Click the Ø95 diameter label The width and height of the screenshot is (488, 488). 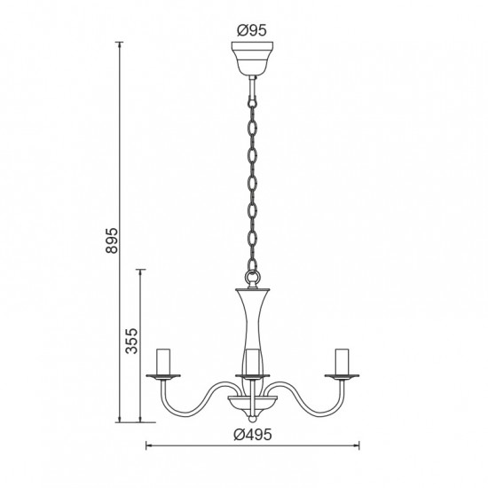(x=252, y=30)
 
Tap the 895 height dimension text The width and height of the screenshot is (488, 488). (x=112, y=240)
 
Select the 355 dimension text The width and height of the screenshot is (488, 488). (x=131, y=341)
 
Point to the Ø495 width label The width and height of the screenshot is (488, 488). (x=253, y=435)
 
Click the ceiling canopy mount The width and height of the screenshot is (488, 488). (x=252, y=59)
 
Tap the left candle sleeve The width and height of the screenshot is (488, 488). (x=163, y=361)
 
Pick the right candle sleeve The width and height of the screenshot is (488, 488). (x=342, y=361)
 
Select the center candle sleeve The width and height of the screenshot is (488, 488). (x=252, y=362)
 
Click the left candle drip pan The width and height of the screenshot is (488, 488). (x=163, y=376)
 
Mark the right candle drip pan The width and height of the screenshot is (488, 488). (x=342, y=376)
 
